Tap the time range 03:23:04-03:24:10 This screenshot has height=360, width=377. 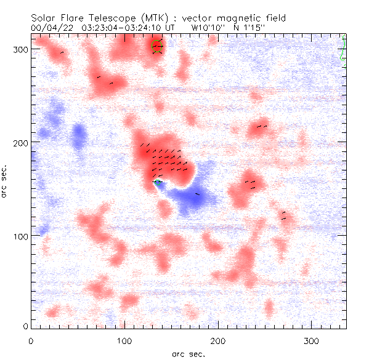(124, 28)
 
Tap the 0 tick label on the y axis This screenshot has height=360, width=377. (25, 326)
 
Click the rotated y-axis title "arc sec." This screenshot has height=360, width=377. (5, 182)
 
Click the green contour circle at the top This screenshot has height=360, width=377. (158, 46)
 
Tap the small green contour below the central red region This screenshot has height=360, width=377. (158, 182)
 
